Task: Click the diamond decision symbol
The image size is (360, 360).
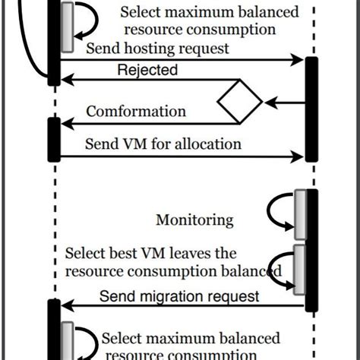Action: [x=239, y=101]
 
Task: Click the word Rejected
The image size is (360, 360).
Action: [x=147, y=71]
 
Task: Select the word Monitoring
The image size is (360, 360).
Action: [x=194, y=220]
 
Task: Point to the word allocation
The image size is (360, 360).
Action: [x=207, y=144]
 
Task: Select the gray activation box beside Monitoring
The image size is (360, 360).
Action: [x=300, y=216]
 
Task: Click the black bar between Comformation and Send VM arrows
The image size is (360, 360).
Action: [x=53, y=138]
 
